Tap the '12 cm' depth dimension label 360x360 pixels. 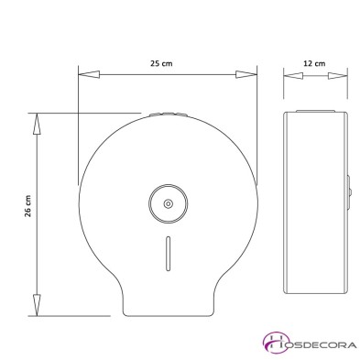tap(312, 65)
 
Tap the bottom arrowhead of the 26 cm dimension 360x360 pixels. tap(38, 306)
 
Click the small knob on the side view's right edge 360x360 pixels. tap(348, 191)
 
